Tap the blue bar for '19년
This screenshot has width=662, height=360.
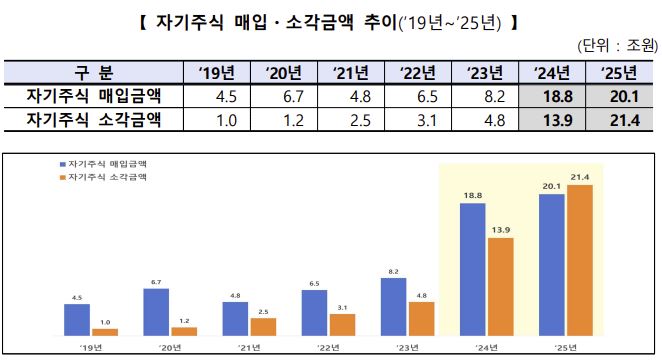point(77,319)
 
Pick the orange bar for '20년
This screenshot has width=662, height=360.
point(184,330)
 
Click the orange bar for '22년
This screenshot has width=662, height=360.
point(342,324)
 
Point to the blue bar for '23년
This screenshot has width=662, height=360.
point(394,306)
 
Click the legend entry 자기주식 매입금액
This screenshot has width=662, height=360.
point(103,162)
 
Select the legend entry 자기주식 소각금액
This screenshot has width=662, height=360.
point(103,176)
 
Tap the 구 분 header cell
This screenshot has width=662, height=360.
point(95,73)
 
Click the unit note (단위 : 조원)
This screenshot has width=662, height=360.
point(615,46)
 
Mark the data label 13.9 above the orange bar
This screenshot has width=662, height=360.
point(501,230)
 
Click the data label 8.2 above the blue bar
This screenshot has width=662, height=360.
point(394,271)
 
